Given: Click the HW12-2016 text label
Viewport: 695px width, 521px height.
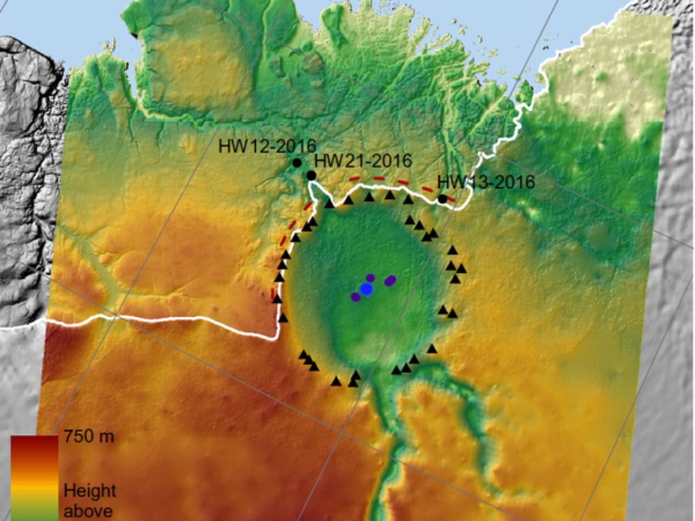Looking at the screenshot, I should [267, 146].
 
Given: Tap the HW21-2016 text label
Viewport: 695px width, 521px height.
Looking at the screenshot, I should [364, 161].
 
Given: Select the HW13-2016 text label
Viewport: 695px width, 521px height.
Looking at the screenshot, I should [485, 182].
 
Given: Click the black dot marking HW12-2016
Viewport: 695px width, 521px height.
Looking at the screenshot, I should [297, 163].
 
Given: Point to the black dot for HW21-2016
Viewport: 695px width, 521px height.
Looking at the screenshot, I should [311, 176].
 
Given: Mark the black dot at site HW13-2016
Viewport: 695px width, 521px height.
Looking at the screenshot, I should [443, 199].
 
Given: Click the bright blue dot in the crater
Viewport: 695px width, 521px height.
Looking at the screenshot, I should [367, 289].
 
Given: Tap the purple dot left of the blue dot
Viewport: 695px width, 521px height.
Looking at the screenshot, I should [355, 296].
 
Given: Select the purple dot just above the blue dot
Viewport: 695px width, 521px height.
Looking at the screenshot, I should [371, 277].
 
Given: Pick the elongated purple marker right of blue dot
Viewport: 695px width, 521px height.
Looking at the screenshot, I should [390, 280].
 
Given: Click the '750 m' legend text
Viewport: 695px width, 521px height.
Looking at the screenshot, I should [89, 437].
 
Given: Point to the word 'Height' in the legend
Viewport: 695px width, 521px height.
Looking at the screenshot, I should [90, 490].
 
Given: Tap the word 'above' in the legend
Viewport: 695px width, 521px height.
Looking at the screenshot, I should [88, 510].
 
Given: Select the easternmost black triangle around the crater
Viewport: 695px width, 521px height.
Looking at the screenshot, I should [462, 269].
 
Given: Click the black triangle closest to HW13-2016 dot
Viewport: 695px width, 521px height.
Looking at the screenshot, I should [408, 199].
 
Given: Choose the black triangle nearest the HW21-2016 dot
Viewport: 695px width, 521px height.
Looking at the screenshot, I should [328, 203].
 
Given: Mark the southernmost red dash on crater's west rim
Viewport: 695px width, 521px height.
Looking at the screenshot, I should [274, 293].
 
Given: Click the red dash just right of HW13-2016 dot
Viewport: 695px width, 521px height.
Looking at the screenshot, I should [450, 197].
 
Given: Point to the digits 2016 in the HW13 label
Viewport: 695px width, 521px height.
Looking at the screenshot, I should [510, 182].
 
